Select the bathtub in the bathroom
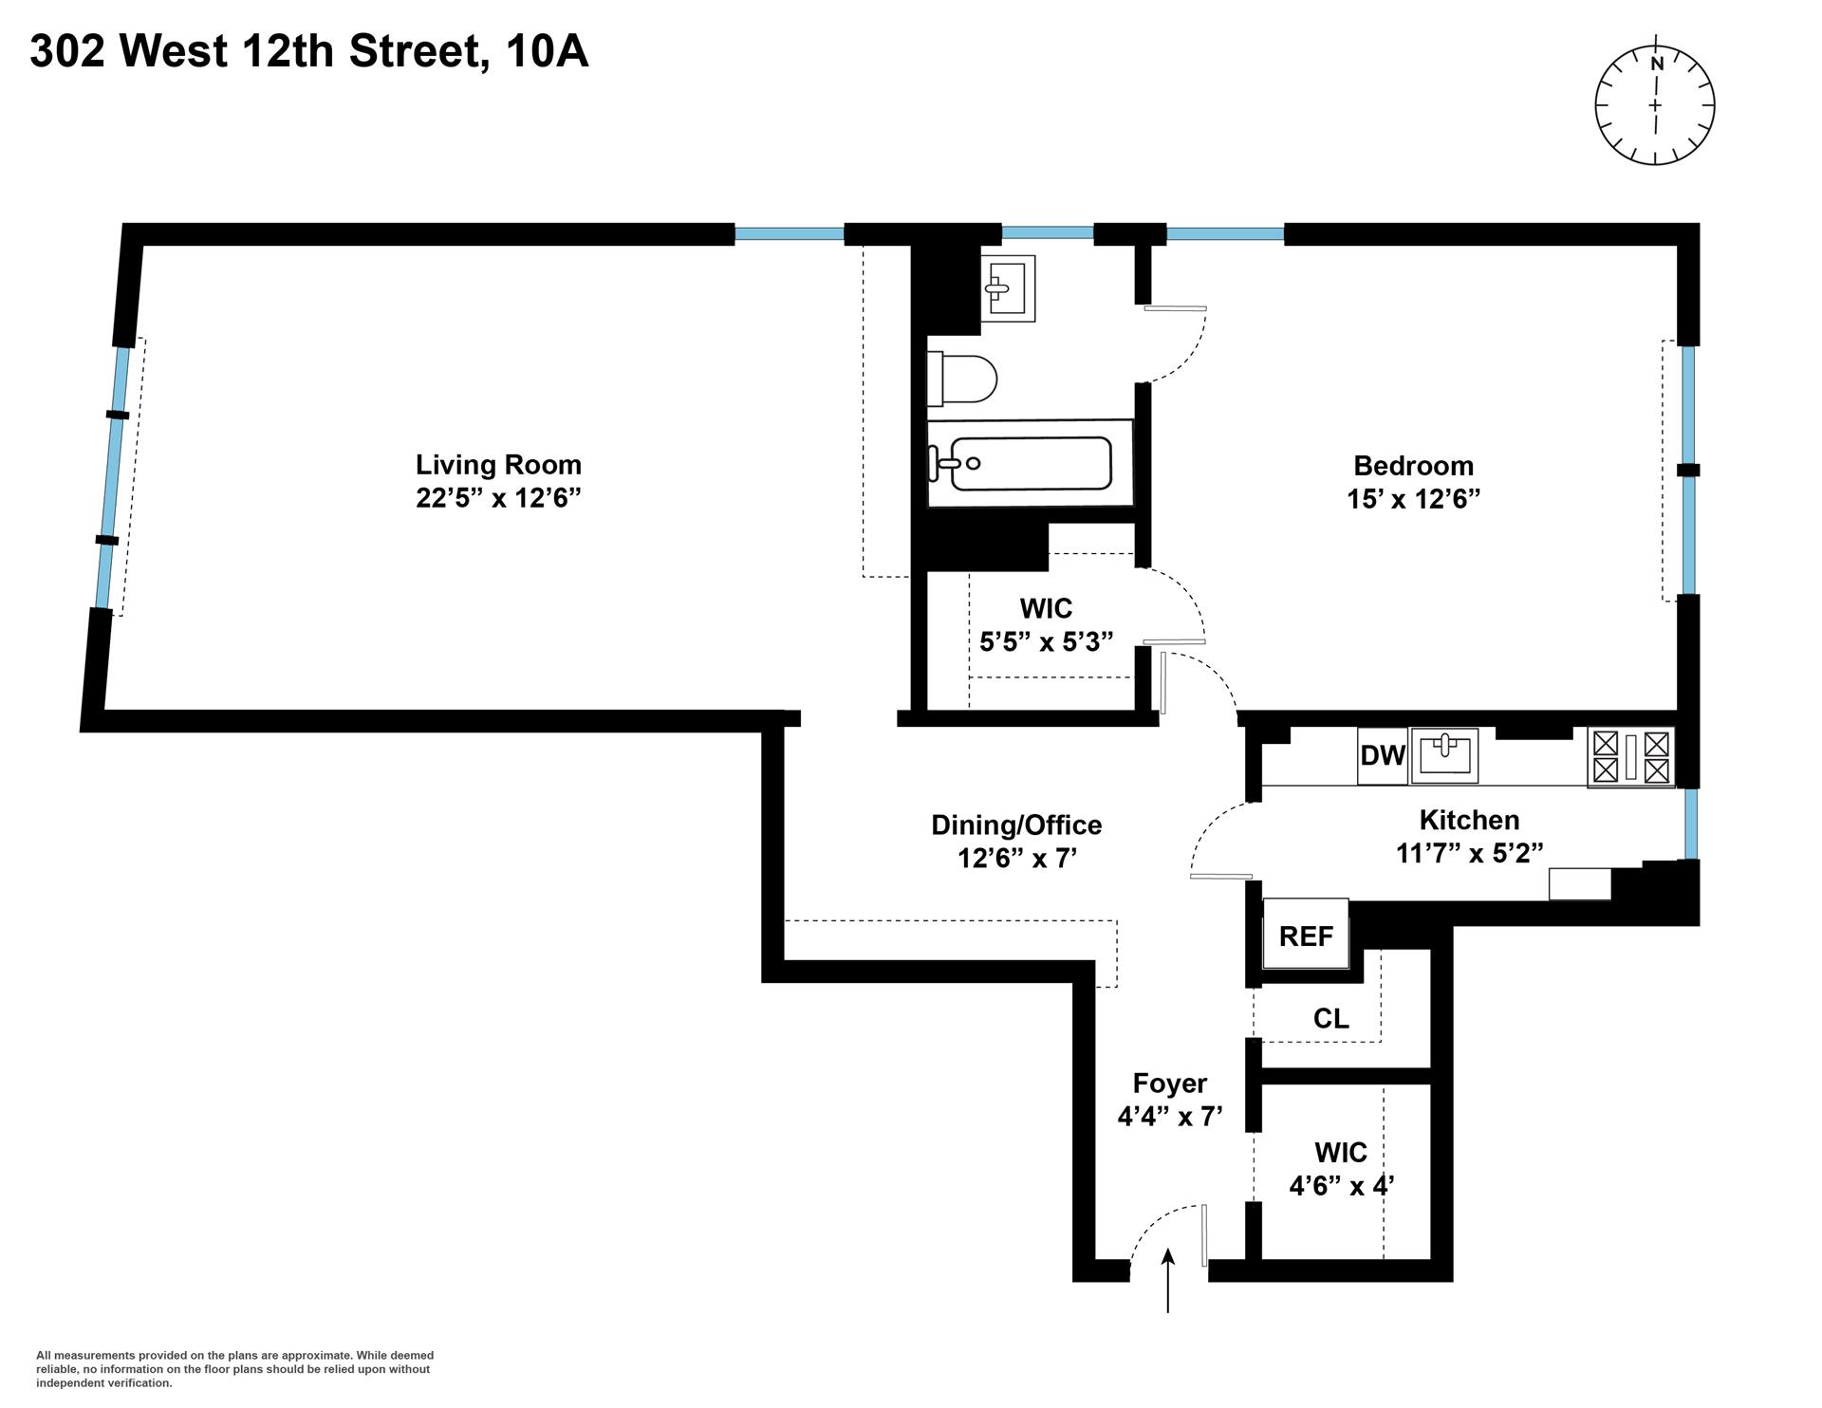click(x=1031, y=464)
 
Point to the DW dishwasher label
click(x=1382, y=756)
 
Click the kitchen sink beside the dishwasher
click(x=1444, y=756)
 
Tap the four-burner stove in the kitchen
click(x=1630, y=757)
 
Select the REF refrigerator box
click(x=1306, y=936)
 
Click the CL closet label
click(x=1330, y=1019)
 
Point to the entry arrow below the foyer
click(x=1168, y=1281)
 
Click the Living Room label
click(x=498, y=465)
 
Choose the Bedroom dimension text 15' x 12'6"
click(x=1413, y=499)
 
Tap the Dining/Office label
click(x=1016, y=825)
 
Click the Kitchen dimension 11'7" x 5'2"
click(x=1469, y=853)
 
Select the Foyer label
click(x=1170, y=1084)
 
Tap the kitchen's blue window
click(x=1691, y=823)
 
